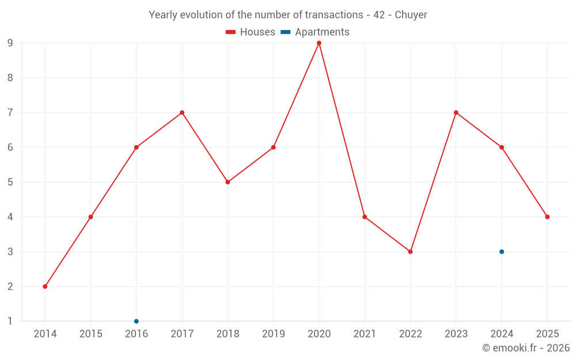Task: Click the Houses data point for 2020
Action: click(x=319, y=43)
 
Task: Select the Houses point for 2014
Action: click(x=45, y=286)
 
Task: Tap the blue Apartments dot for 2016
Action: click(x=137, y=321)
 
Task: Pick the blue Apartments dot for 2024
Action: click(x=502, y=252)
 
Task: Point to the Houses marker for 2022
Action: click(x=410, y=252)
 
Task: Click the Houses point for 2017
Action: click(x=182, y=112)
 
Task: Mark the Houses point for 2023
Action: click(x=456, y=112)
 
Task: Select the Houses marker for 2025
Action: click(x=547, y=217)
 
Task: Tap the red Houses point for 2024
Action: click(x=502, y=147)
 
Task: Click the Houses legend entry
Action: click(x=251, y=32)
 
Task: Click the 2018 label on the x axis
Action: click(x=228, y=334)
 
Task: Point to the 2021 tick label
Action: click(x=365, y=334)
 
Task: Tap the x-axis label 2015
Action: click(x=90, y=334)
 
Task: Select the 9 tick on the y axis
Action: click(x=10, y=43)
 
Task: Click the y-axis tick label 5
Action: click(x=10, y=182)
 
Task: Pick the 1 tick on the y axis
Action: click(x=10, y=321)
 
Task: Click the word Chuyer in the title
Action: click(x=411, y=15)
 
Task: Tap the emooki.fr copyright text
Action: click(x=526, y=348)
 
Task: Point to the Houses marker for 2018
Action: click(x=228, y=182)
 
